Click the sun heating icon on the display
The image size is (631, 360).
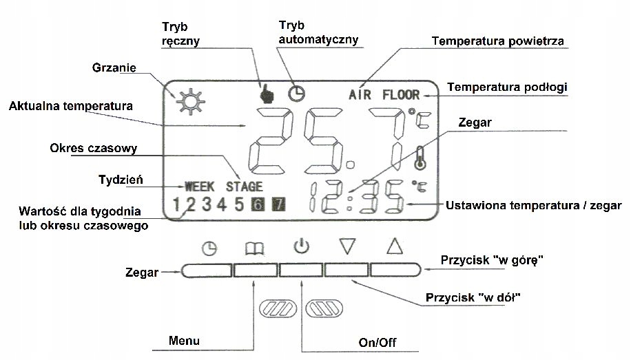click(x=185, y=101)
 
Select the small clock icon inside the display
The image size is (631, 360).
click(x=296, y=93)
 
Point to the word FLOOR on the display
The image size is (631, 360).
click(x=401, y=94)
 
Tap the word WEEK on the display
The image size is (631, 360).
click(x=200, y=187)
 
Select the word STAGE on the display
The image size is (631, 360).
click(x=244, y=187)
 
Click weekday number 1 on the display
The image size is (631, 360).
click(x=176, y=204)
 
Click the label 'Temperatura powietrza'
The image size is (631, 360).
click(x=498, y=41)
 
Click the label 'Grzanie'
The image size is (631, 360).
click(x=114, y=68)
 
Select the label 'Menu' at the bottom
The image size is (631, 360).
click(x=184, y=341)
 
